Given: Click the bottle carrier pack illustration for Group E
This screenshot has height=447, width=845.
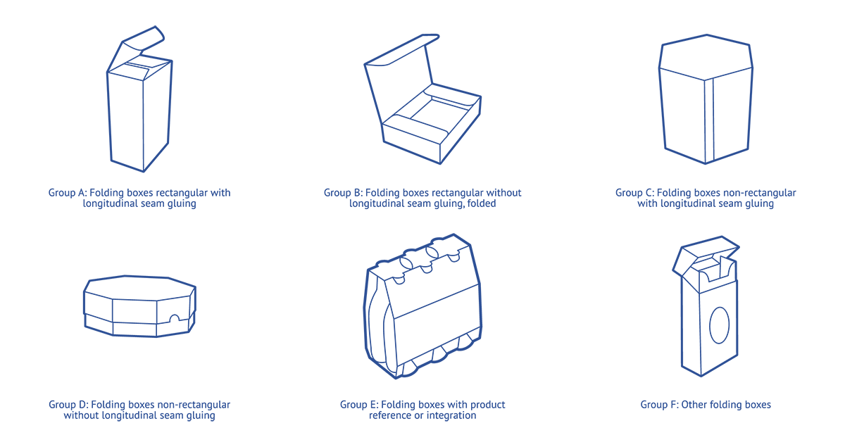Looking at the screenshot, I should coord(423,310).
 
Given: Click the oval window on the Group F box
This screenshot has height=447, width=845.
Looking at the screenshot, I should coord(720,325).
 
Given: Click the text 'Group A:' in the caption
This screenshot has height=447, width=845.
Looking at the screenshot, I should coord(67,193).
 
